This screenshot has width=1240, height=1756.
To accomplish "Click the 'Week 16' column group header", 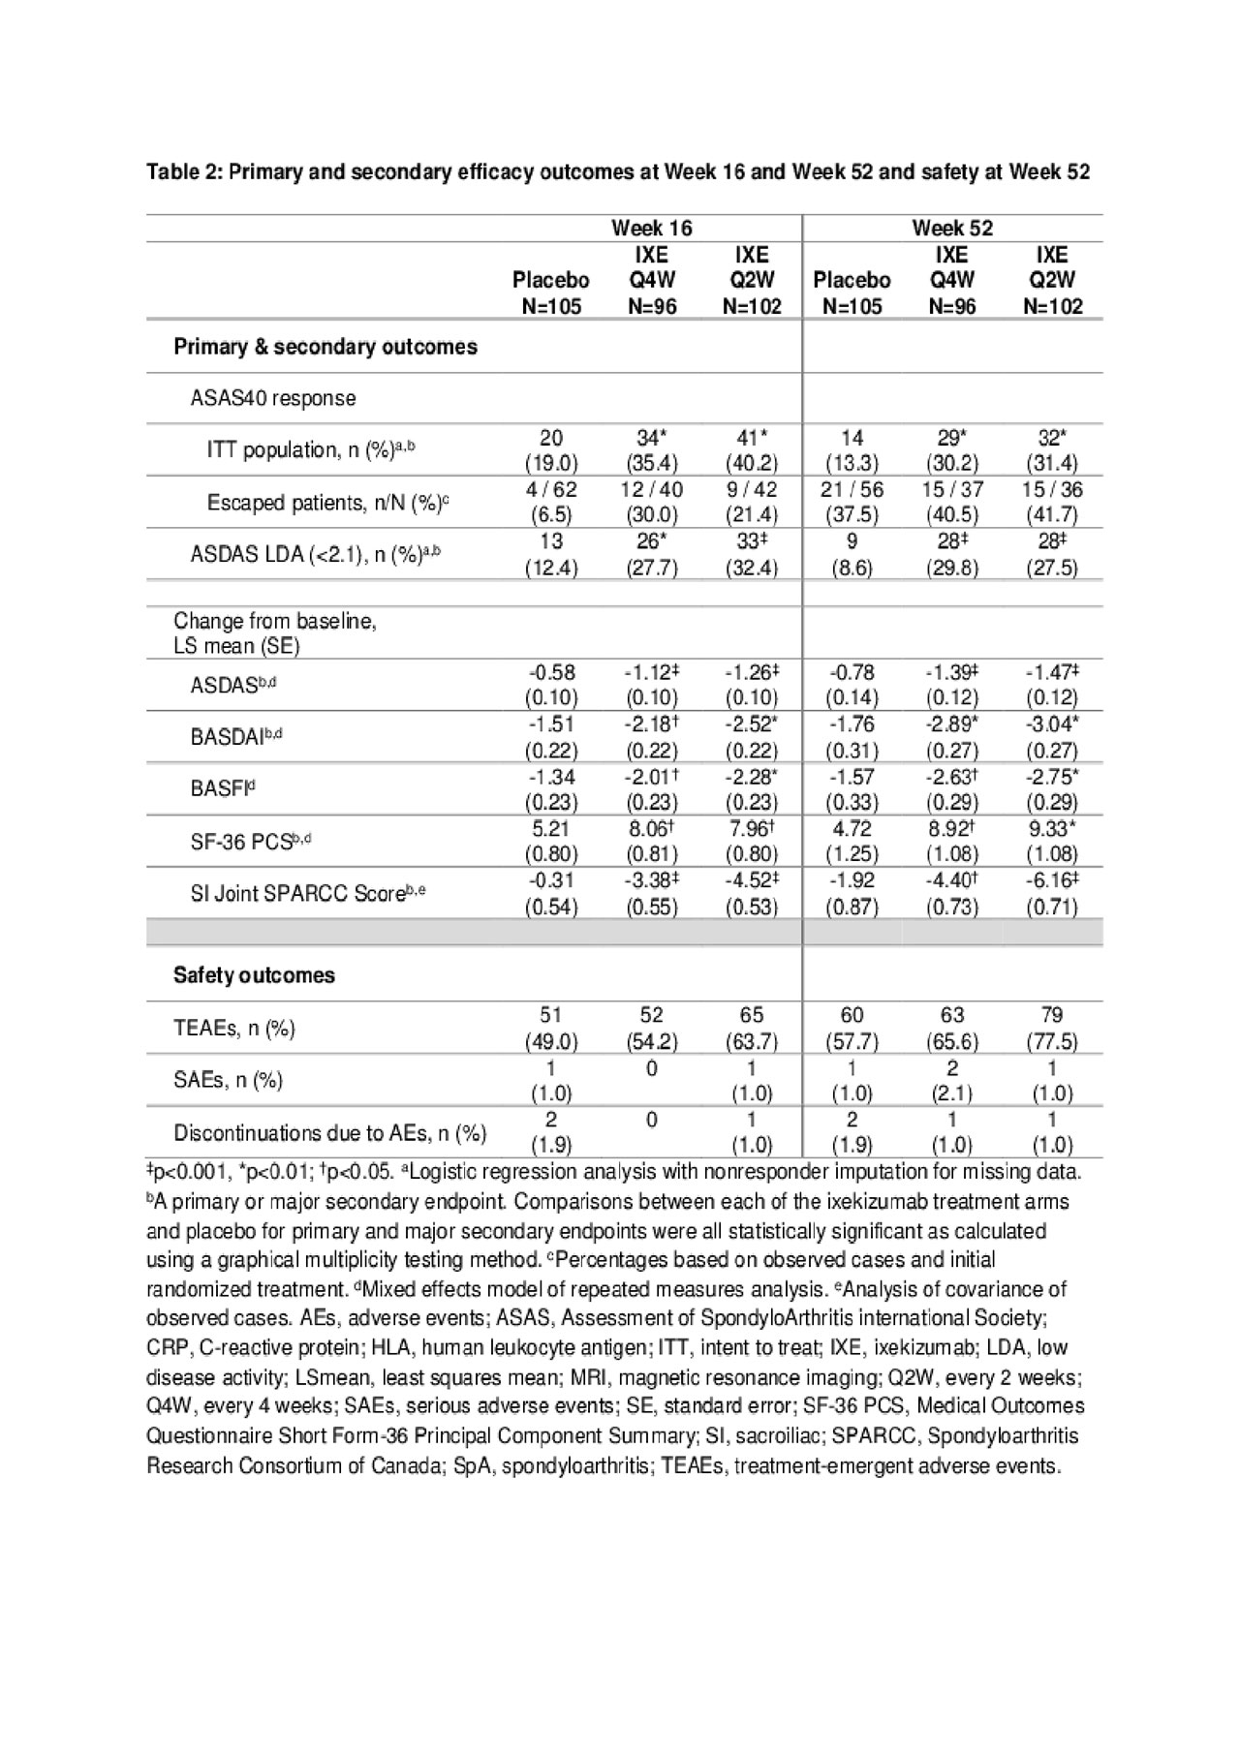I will (x=651, y=229).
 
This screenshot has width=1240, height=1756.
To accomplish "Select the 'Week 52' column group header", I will (x=951, y=229).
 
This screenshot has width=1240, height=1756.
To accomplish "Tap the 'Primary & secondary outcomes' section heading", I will (x=325, y=347).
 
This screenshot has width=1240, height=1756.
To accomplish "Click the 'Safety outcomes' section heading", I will (x=254, y=975).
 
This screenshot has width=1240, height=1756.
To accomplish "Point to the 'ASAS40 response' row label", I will (x=273, y=398).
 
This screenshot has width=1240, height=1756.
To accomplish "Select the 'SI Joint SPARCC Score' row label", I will (x=308, y=894).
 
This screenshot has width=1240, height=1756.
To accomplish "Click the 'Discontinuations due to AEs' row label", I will (x=329, y=1133).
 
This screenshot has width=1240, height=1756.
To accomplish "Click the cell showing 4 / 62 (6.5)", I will (x=551, y=502).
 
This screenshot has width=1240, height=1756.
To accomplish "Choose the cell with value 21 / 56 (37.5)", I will (x=852, y=502).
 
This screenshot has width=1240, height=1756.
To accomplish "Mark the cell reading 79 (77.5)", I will (x=1052, y=1028).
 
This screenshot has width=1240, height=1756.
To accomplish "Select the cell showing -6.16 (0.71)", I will (x=1052, y=893).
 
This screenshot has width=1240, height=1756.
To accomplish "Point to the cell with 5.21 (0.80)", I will (x=551, y=841).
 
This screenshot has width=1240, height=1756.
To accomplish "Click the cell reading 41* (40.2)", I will (x=752, y=449).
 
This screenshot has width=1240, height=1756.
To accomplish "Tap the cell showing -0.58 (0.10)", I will (x=551, y=684).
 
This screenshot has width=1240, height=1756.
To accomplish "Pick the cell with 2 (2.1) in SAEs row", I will (x=951, y=1080).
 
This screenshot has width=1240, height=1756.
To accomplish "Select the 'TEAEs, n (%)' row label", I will (x=234, y=1029).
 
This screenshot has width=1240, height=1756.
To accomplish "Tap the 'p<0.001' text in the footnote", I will (x=190, y=1172).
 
